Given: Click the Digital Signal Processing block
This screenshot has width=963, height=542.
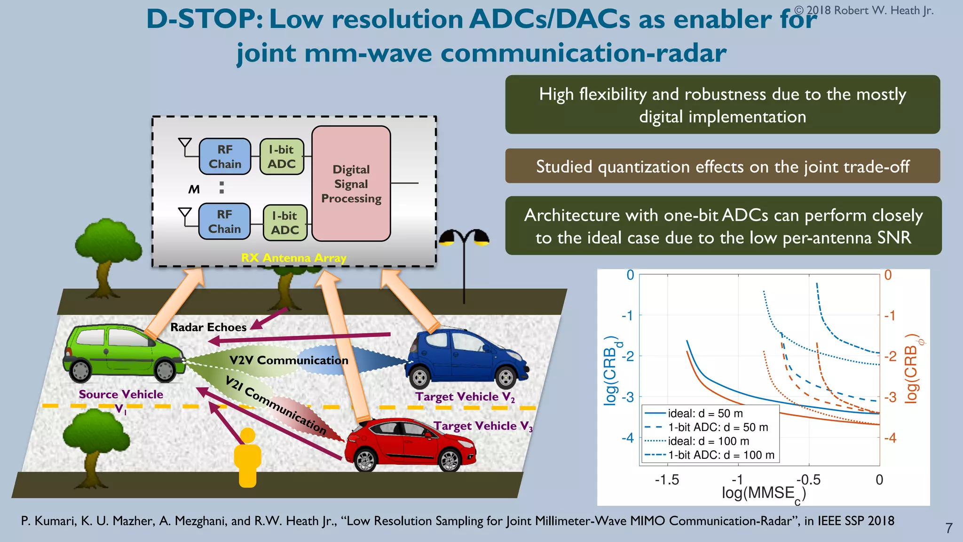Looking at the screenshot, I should pos(351,183).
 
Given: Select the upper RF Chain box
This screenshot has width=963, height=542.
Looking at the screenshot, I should pos(225,157).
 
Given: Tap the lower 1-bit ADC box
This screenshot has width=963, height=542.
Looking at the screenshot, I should pos(285,223).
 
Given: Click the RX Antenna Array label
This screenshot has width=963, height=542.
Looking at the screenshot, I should pos(293,258).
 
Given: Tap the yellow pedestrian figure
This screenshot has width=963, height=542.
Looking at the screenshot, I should pos(247,458).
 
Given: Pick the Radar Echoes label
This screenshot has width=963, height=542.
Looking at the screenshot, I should pos(208,327).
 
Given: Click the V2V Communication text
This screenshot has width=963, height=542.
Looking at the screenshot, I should pos(289,360).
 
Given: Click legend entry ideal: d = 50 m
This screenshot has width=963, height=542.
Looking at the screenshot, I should pos(705,414).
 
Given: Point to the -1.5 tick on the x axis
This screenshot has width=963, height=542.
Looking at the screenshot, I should pos(667,480).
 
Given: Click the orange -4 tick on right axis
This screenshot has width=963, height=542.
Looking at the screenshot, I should pos(890,438).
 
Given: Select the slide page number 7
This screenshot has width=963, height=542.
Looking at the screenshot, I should pos(949,528).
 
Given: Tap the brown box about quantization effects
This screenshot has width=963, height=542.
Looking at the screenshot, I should pos(722,167).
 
